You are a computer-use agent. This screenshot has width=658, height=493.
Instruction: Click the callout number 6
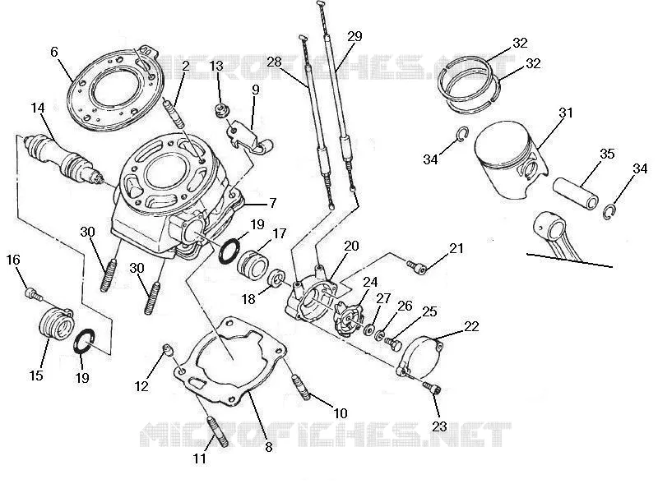[x=54, y=52]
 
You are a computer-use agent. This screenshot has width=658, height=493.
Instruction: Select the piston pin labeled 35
[x=576, y=193]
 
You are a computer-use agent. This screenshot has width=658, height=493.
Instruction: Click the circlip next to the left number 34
[x=461, y=134]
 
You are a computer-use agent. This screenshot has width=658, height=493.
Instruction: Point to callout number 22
[x=471, y=326]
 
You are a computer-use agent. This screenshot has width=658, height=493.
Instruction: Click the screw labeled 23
[x=433, y=388]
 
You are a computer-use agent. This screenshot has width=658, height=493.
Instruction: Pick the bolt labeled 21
[x=416, y=266]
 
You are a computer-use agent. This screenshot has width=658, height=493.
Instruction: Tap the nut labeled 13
[x=220, y=111]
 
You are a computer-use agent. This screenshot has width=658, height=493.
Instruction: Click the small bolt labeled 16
[x=34, y=294]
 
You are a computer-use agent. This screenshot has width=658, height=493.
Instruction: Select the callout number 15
[x=36, y=375]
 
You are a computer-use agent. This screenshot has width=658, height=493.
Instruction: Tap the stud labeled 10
[x=301, y=388]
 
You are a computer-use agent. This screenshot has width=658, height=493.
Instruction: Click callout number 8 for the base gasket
[x=269, y=447]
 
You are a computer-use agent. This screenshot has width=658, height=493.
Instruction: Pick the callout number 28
[x=274, y=62]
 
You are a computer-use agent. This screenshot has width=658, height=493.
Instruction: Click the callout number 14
[x=38, y=108]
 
